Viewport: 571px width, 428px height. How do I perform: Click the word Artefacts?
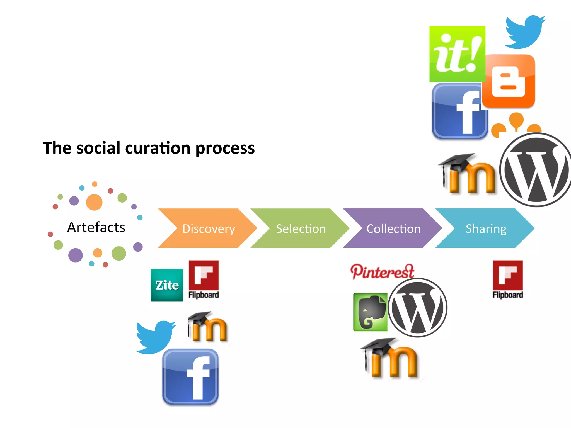pos(96,227)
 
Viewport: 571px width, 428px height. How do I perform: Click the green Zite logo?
pos(167,285)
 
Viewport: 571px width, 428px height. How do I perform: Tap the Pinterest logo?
pos(382,271)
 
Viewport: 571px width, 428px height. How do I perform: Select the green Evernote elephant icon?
pos(370,312)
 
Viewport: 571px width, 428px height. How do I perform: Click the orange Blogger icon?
pos(509,81)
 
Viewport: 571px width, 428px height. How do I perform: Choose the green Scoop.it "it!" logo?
pos(457,54)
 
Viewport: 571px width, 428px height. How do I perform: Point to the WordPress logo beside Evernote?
pos(417,308)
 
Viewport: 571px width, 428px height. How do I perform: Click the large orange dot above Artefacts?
pos(94,202)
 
